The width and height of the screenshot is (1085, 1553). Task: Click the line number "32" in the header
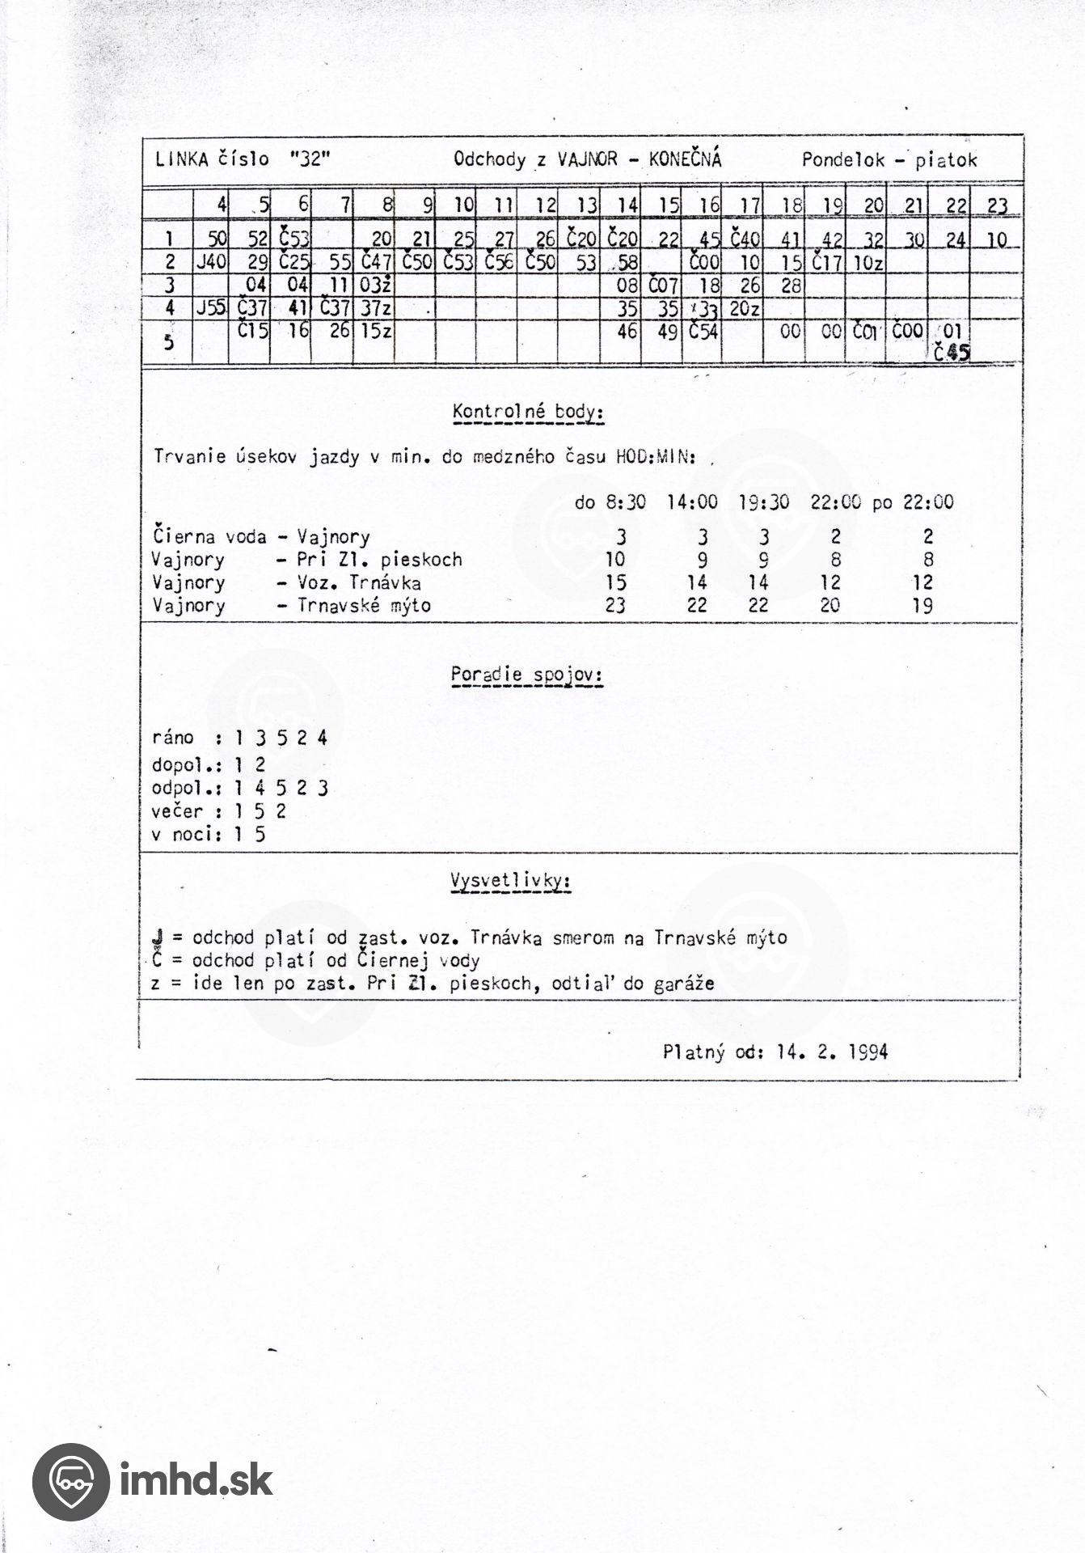click(x=310, y=159)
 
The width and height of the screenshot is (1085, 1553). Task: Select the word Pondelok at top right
click(x=843, y=160)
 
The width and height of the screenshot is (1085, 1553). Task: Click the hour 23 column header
click(x=997, y=205)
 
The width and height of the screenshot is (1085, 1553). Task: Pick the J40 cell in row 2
click(x=211, y=262)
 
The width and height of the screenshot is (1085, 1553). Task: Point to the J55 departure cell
click(x=211, y=307)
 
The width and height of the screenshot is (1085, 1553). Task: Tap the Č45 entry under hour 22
click(x=951, y=353)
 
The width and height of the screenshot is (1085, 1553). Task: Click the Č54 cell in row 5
click(x=703, y=331)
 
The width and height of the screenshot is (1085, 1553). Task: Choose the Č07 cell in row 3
click(x=663, y=285)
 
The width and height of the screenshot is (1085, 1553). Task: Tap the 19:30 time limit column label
click(x=764, y=502)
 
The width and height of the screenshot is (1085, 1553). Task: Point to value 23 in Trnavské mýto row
click(x=615, y=605)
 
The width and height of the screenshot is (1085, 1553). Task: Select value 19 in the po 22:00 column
click(x=922, y=605)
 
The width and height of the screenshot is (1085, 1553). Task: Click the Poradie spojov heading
click(x=527, y=675)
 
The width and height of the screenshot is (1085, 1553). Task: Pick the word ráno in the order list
click(x=173, y=738)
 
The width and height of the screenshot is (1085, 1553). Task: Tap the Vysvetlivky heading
click(x=510, y=881)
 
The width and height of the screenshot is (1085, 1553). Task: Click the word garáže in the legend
click(x=686, y=984)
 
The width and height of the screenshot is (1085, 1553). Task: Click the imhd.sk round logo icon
click(x=70, y=1482)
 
